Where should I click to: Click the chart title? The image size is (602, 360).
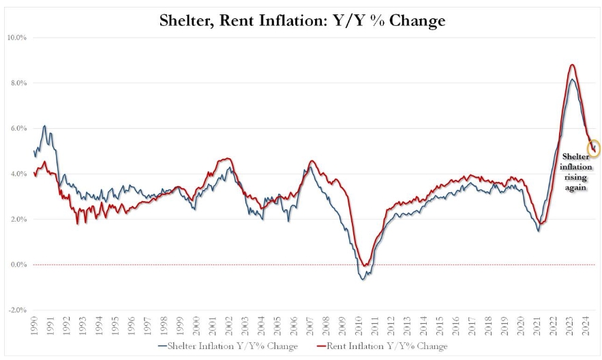click(x=302, y=21)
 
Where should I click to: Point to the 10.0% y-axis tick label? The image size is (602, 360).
click(x=16, y=37)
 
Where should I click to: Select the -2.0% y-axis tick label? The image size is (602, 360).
click(x=16, y=310)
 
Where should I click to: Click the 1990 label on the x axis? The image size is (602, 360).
click(x=35, y=325)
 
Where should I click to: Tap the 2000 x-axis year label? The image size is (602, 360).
click(x=197, y=325)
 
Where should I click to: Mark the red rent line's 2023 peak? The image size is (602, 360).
click(x=572, y=65)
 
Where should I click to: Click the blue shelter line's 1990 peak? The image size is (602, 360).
click(x=44, y=126)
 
